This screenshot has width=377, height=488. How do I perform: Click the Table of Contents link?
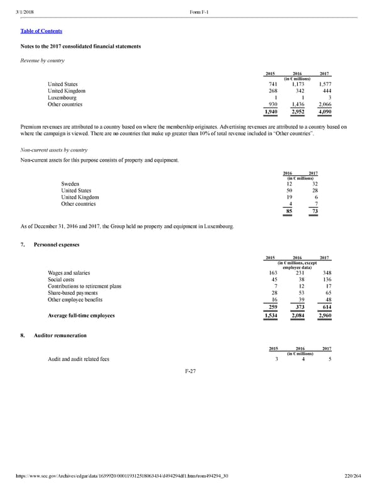(x=41, y=31)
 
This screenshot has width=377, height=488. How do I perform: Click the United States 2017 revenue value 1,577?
(x=325, y=84)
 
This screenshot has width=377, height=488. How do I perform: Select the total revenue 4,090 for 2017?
(x=325, y=111)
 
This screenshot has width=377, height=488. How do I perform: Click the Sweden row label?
(x=70, y=184)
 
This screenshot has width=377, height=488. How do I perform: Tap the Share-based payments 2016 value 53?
(x=300, y=293)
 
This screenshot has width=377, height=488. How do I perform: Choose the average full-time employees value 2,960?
(x=325, y=315)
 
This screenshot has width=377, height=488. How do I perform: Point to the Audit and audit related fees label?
(x=78, y=359)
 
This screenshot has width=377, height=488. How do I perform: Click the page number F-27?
(x=188, y=371)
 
